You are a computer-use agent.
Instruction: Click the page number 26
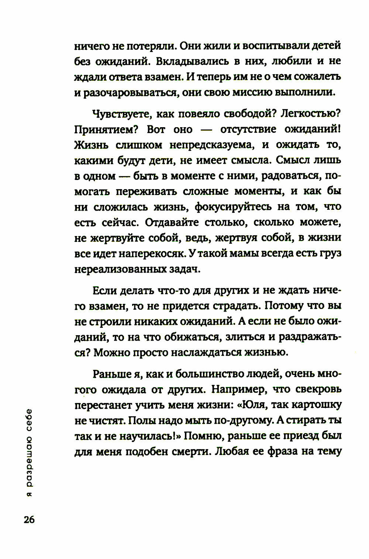(x=29, y=520)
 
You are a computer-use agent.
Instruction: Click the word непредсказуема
(x=212, y=145)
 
